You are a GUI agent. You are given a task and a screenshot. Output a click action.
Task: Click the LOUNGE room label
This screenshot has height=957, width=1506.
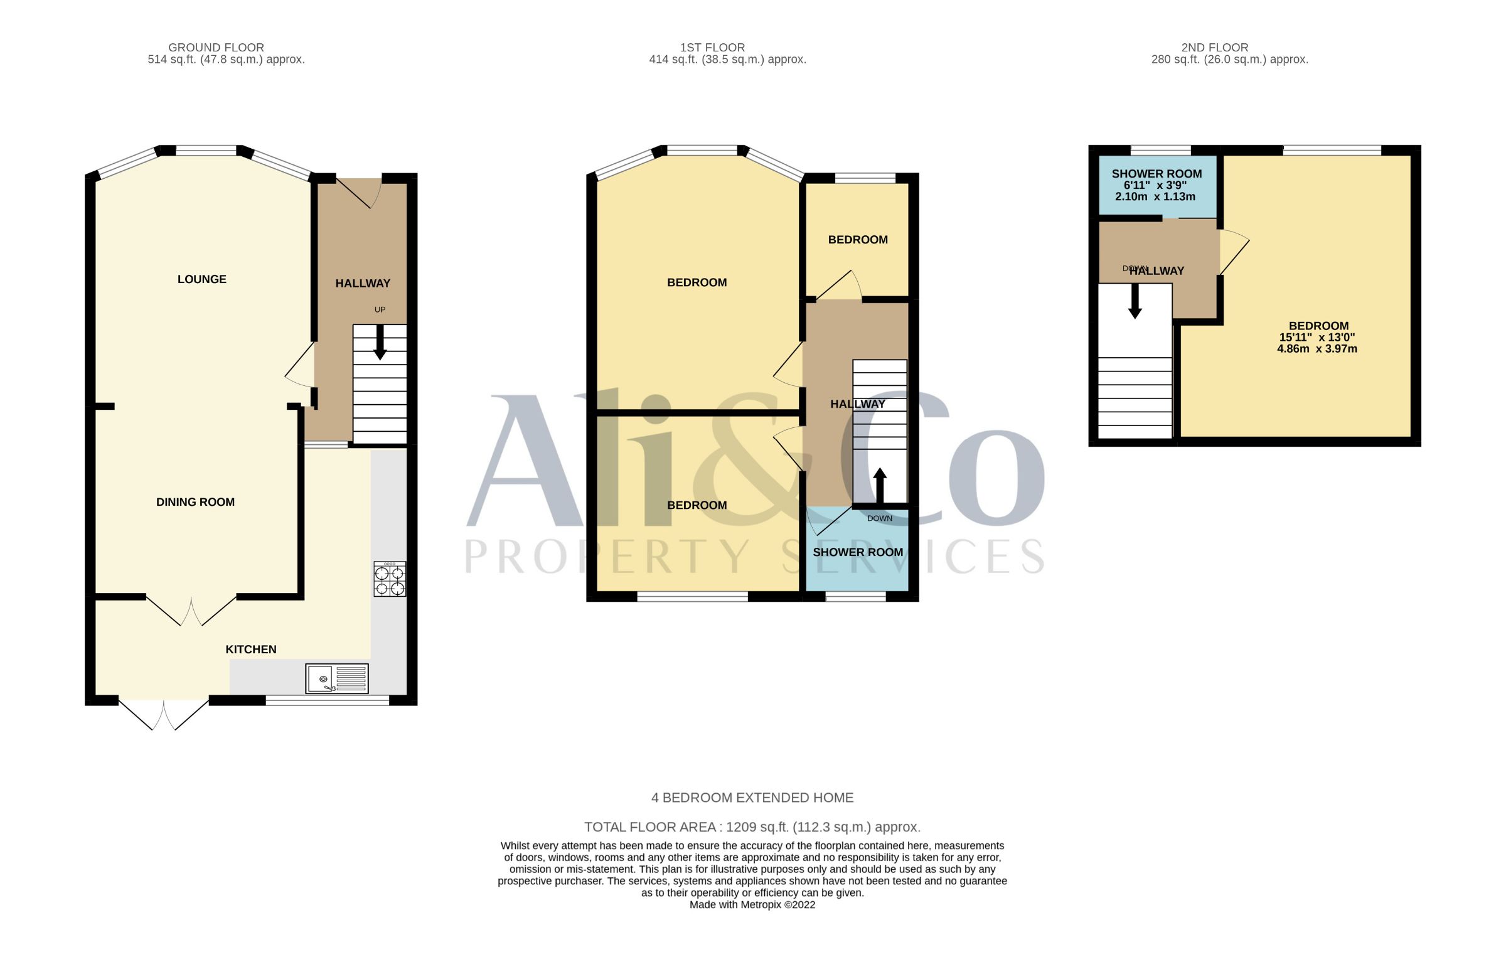201,279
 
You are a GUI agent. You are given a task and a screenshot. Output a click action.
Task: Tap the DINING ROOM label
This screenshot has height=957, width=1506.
195,502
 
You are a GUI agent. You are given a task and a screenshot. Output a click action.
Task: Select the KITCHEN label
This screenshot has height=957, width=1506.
251,650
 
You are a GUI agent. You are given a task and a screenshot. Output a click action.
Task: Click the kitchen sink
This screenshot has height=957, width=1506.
337,678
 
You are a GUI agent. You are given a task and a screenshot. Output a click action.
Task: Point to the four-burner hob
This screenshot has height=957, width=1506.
390,579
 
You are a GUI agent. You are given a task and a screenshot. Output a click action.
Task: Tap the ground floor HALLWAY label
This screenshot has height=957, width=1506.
363,284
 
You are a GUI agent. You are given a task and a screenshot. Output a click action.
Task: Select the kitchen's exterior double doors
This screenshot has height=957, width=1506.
164,715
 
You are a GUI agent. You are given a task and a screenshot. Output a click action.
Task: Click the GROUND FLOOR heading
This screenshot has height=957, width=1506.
216,48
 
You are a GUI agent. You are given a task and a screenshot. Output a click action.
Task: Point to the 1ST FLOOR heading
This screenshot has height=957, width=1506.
712,48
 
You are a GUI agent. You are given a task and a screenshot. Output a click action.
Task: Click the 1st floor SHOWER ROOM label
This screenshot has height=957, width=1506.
858,552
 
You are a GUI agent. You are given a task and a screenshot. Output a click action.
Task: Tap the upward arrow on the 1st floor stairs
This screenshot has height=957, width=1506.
880,486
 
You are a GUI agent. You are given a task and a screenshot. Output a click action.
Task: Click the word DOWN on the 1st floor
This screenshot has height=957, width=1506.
880,518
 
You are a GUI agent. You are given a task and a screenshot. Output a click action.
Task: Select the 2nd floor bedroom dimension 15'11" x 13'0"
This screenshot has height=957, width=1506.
1318,337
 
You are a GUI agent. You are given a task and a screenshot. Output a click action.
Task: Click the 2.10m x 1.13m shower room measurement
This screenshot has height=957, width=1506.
1155,196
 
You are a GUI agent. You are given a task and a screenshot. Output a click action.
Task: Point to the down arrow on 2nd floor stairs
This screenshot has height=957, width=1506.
1135,301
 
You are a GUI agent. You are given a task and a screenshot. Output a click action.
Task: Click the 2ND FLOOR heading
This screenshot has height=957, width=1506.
1215,48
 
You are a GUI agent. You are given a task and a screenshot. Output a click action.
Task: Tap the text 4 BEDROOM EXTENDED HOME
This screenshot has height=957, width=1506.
752,798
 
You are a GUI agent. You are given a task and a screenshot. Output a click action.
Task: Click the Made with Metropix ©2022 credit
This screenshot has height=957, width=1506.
752,905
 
